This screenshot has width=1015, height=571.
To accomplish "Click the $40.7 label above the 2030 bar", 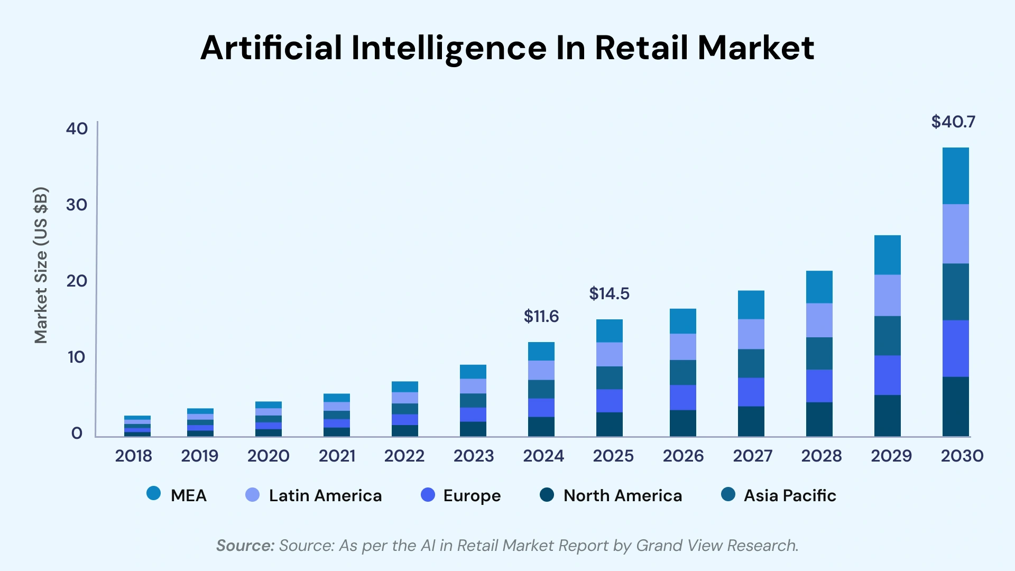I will [953, 122].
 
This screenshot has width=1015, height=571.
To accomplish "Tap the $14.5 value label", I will [609, 294].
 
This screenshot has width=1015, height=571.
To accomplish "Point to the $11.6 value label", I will [541, 317].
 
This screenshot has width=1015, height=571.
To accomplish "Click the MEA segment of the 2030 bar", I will [955, 176].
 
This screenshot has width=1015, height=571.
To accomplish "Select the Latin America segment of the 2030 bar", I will [955, 234].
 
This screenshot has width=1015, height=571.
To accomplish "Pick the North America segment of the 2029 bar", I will [887, 416].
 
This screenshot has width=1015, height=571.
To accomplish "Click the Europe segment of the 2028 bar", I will [819, 386].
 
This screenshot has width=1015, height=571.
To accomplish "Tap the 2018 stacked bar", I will [137, 426].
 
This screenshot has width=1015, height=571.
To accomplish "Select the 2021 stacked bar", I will [337, 415].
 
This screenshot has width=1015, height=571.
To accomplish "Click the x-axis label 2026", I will [683, 456].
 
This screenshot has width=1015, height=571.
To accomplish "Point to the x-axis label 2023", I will [473, 456].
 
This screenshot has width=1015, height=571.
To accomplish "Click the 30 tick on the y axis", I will [77, 205].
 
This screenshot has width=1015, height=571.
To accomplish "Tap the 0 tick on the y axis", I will [77, 434].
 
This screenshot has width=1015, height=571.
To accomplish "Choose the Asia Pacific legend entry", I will [789, 496].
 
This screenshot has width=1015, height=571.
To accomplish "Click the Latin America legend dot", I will [253, 495].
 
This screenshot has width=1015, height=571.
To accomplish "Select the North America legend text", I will [622, 496].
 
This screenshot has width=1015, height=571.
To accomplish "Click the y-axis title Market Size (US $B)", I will [41, 265].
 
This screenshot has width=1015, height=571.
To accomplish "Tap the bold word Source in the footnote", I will [245, 546].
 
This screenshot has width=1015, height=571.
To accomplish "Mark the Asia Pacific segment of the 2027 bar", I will [751, 363].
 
